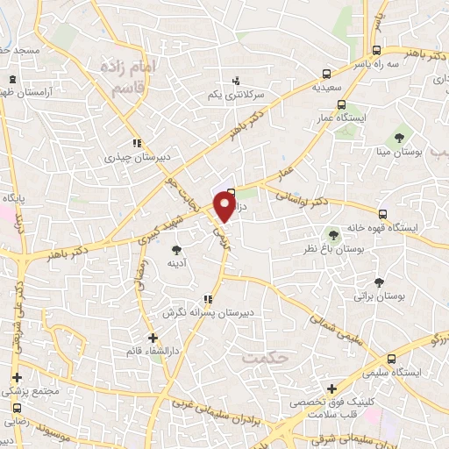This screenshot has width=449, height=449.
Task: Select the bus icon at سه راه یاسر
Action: tap(376, 50)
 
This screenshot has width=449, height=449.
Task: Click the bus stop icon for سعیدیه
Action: tap(326, 75)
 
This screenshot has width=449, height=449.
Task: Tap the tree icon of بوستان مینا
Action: tap(399, 137)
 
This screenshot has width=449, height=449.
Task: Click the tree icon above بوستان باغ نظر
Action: tap(332, 234)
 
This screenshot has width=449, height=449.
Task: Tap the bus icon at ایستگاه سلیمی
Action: tap(391, 358)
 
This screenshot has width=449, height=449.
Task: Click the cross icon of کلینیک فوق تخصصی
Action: tap(331, 389)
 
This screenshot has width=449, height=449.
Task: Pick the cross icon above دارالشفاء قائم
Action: tap(153, 337)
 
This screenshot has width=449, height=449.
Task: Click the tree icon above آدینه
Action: tap(176, 251)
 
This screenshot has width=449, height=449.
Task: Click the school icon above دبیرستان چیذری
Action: tap(136, 143)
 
